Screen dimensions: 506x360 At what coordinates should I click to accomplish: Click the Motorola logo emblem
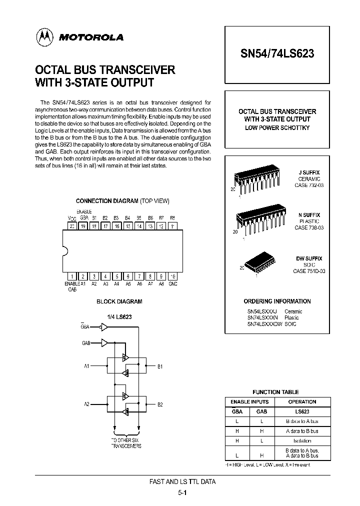click(44, 37)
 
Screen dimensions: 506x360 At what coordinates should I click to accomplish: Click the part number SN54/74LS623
click(277, 54)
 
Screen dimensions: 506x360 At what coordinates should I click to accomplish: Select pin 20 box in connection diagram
click(72, 225)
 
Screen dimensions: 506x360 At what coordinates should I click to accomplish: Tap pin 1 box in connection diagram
click(72, 276)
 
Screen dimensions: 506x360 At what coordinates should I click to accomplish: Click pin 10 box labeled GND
click(172, 276)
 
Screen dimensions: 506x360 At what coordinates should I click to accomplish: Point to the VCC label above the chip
click(72, 218)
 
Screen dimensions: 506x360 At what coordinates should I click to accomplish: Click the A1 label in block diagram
click(86, 366)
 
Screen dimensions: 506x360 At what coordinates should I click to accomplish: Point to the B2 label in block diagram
click(160, 404)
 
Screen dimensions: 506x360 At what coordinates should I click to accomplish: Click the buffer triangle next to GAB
click(104, 343)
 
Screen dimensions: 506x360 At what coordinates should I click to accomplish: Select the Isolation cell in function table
click(302, 440)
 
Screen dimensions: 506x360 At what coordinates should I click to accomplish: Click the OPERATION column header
click(302, 401)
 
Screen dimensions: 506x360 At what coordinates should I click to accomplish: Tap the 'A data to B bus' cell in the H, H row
click(302, 430)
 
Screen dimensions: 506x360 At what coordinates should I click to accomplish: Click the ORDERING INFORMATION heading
click(277, 301)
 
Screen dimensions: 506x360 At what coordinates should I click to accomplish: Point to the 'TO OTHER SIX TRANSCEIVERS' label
click(126, 442)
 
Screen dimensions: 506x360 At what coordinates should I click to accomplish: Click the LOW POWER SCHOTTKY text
click(277, 128)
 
